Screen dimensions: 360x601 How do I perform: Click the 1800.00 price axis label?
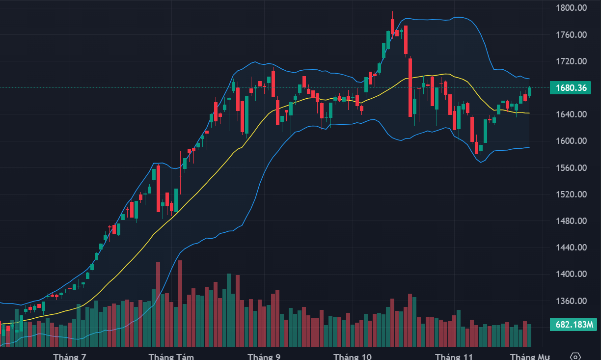click(x=571, y=8)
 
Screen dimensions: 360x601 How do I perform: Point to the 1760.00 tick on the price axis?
click(x=571, y=35)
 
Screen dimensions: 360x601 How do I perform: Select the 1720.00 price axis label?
click(x=571, y=61)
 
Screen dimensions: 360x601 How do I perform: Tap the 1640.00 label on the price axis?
click(x=571, y=114)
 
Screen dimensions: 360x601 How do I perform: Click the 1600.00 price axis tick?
click(x=571, y=141)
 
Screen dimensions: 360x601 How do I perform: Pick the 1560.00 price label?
click(x=571, y=168)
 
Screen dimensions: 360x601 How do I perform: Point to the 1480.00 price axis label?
click(x=571, y=221)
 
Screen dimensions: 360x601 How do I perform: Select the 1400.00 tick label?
click(x=571, y=274)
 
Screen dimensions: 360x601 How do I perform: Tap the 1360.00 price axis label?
click(x=571, y=301)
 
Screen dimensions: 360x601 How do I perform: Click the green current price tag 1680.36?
click(x=571, y=88)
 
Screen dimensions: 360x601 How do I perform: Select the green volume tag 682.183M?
click(x=573, y=325)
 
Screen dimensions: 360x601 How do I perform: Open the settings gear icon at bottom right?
click(x=576, y=356)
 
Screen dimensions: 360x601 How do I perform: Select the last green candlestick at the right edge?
click(x=530, y=91)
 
